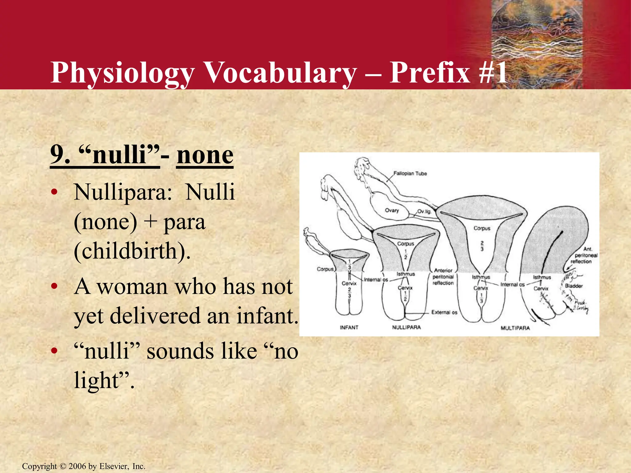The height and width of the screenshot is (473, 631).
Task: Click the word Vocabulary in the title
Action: click(280, 73)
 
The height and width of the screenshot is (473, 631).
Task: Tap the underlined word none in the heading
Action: click(205, 155)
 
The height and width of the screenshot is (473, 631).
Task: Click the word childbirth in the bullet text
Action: click(129, 251)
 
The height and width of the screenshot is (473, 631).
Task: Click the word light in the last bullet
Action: click(96, 380)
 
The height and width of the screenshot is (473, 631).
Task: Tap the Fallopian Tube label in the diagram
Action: click(410, 173)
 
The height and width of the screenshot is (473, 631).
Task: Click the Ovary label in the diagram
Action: click(392, 210)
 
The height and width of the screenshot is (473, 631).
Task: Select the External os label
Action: click(444, 312)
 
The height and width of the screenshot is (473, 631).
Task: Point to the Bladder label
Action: click(573, 286)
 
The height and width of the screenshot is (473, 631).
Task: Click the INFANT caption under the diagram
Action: click(349, 327)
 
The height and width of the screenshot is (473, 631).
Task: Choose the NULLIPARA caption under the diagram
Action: click(406, 327)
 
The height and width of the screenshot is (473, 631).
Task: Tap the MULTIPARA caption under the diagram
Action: click(515, 328)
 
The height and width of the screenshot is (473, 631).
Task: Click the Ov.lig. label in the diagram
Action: click(424, 212)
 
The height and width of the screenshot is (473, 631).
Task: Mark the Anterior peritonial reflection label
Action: click(443, 277)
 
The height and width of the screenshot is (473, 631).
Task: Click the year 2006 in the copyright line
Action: click(77, 466)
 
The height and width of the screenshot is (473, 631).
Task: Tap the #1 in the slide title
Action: click(493, 73)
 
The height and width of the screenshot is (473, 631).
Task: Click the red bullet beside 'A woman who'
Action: click(54, 286)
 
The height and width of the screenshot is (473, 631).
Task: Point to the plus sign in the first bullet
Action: click(150, 222)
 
